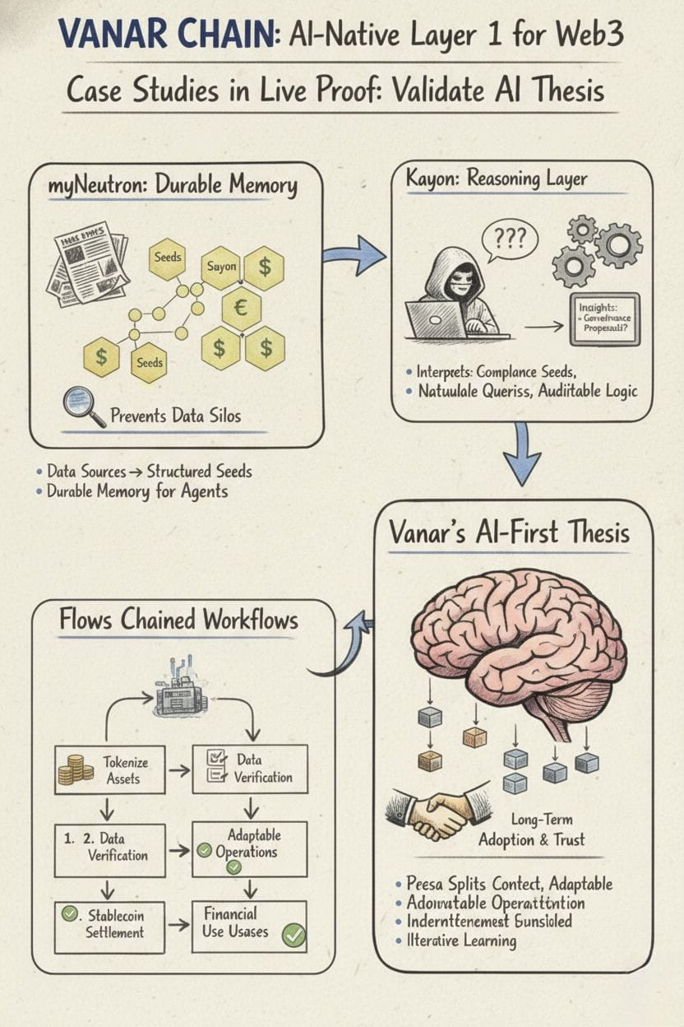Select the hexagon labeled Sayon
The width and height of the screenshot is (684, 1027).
click(x=221, y=267)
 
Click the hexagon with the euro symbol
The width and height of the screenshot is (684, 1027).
click(x=242, y=309)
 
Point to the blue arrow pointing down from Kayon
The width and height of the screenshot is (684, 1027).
click(x=521, y=455)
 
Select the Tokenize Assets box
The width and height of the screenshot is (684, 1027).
click(x=109, y=770)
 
